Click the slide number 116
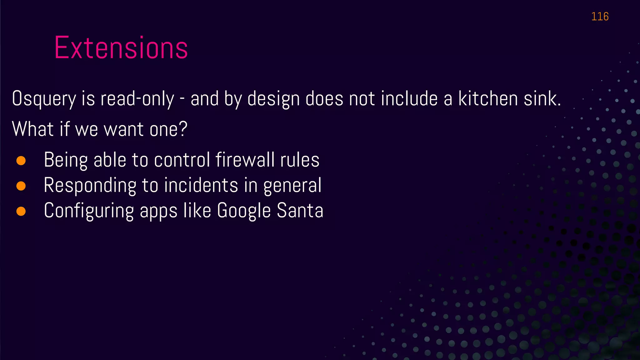point(600,17)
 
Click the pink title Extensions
point(121,48)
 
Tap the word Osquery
point(44,99)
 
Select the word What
point(33,129)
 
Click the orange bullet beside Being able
point(21,161)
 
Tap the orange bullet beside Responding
point(21,186)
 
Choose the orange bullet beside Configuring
point(21,211)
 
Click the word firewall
point(245,160)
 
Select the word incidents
point(201,185)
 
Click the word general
point(292,186)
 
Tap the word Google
point(244,211)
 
